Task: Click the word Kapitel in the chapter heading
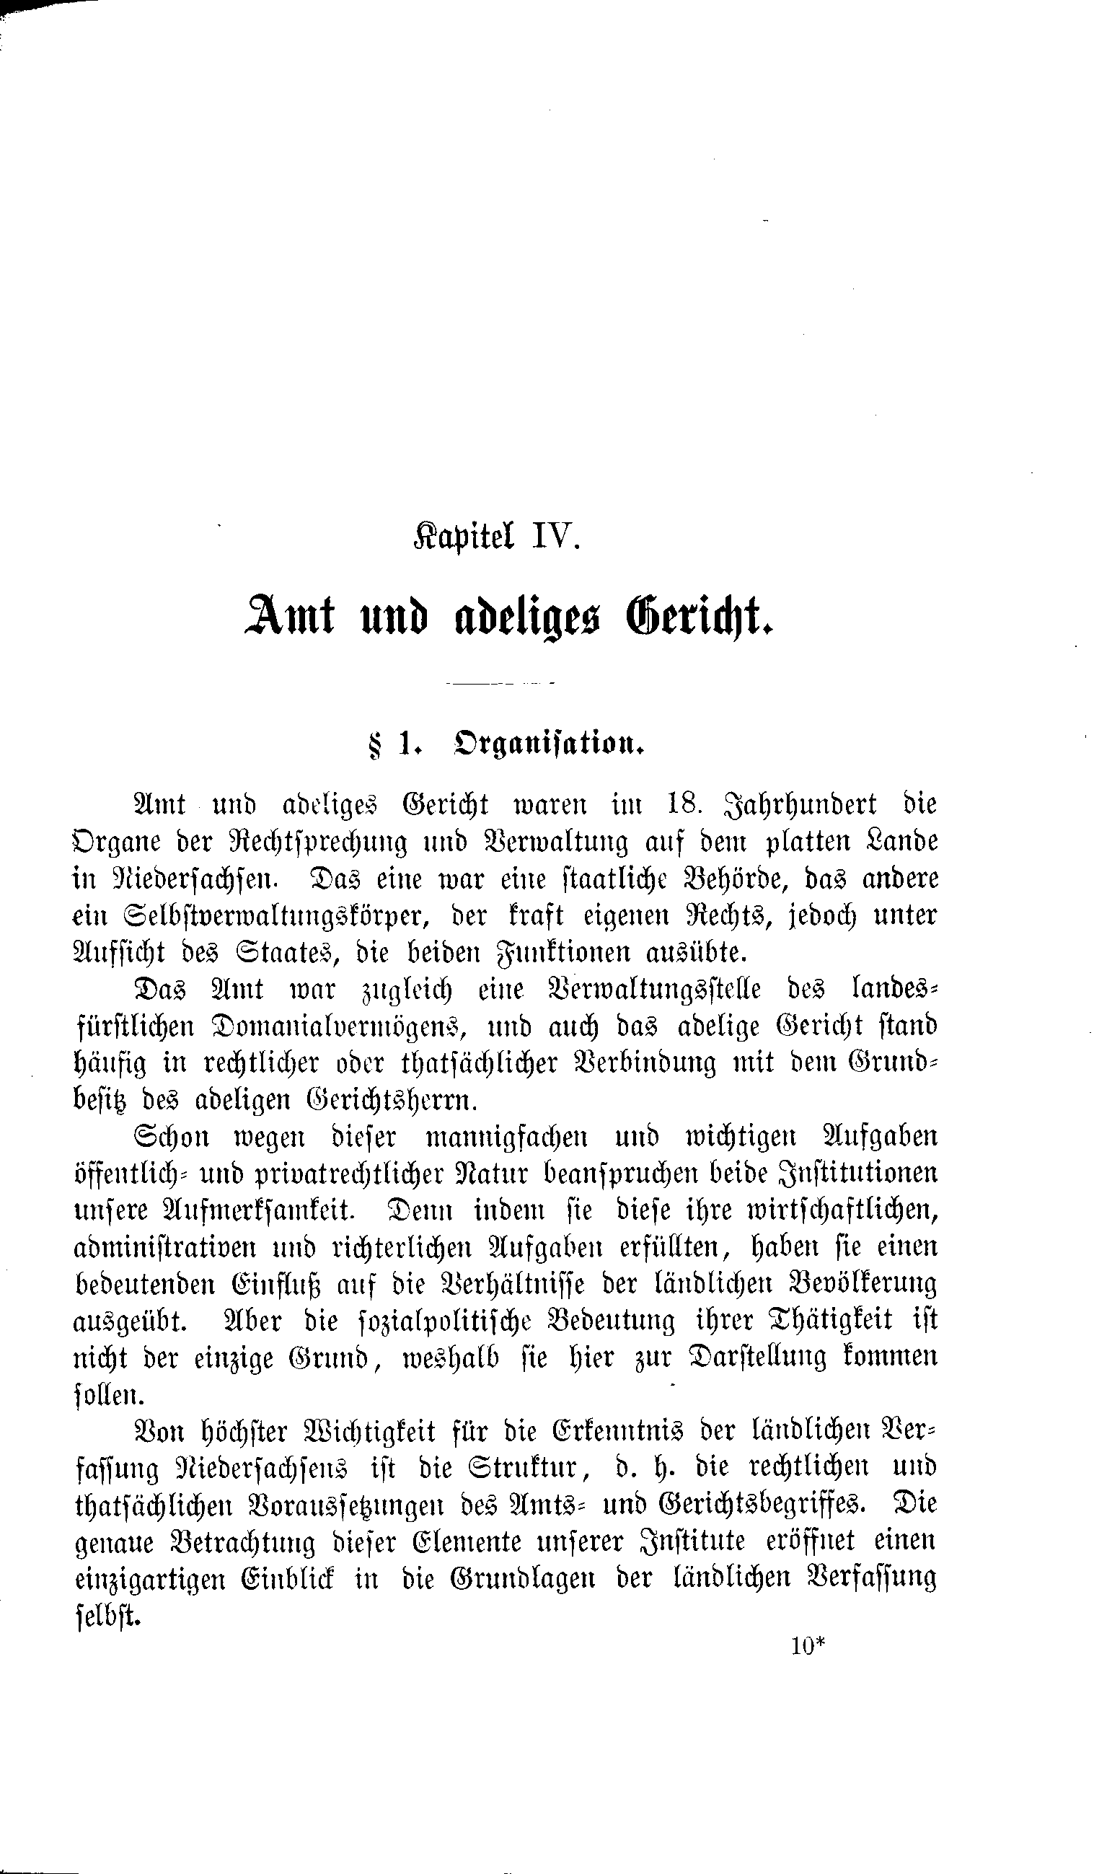462,536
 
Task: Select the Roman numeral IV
552,535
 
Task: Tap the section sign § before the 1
374,744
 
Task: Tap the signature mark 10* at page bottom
809,1648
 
